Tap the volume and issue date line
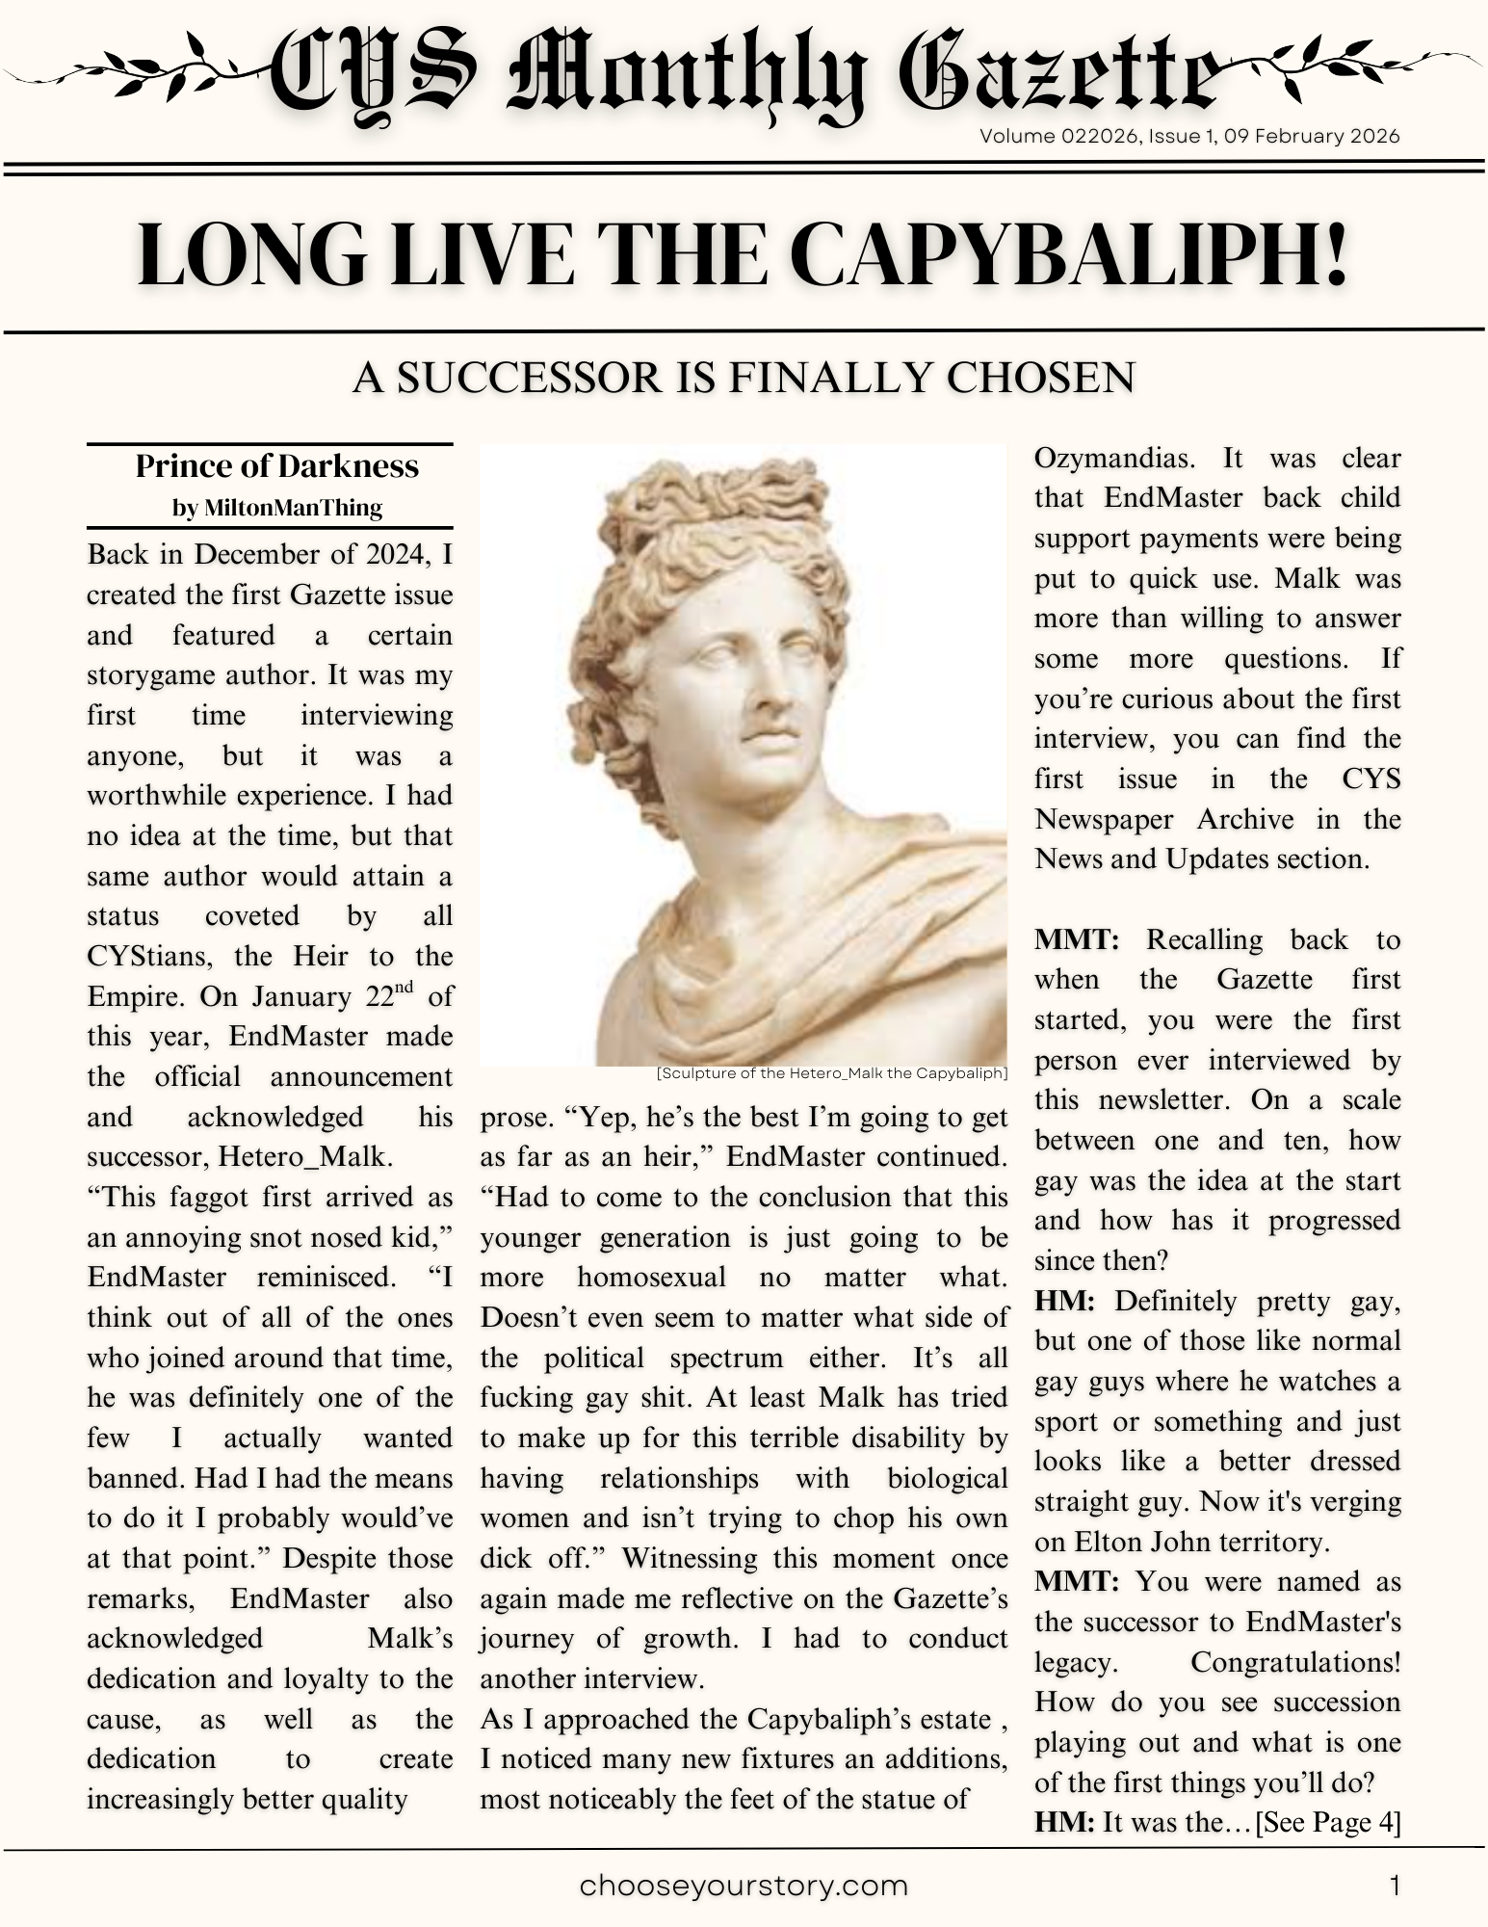(1189, 136)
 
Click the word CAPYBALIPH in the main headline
(1068, 254)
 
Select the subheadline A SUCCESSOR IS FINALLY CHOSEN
(744, 378)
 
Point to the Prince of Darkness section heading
(276, 466)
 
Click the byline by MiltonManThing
(276, 508)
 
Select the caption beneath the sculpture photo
(831, 1072)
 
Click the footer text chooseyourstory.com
(744, 1885)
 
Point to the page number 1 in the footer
(1395, 1885)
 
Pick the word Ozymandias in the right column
(1117, 459)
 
